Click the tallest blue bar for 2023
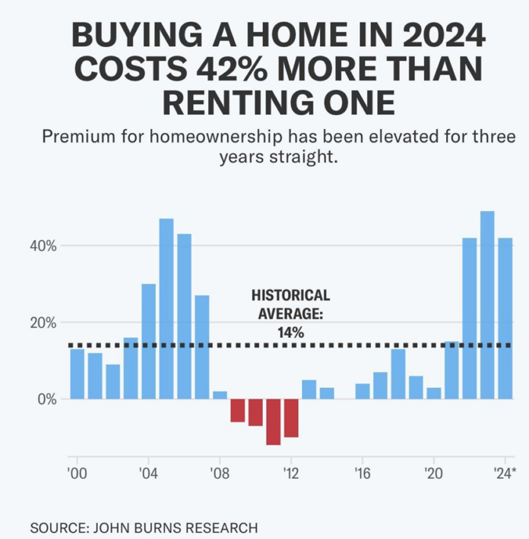point(487,304)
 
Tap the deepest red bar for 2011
point(274,421)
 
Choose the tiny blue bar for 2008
point(220,395)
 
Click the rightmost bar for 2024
point(505,318)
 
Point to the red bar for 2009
point(238,410)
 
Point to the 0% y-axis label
point(49,399)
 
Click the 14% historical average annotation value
point(291,332)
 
